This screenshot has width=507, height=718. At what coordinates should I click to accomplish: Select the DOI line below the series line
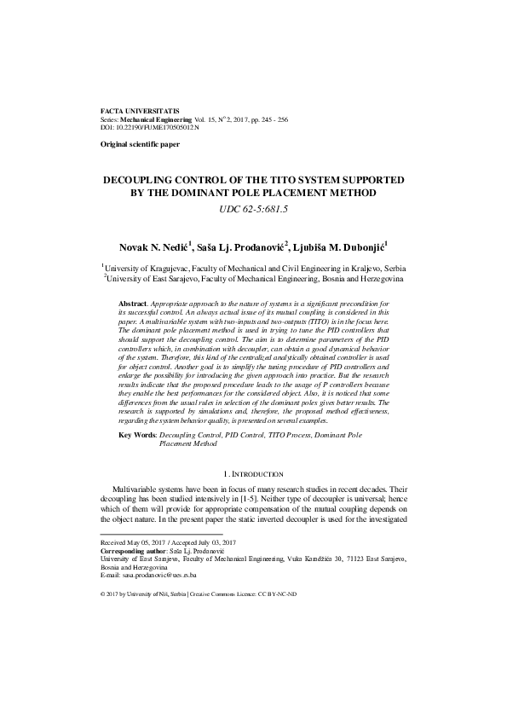click(149, 127)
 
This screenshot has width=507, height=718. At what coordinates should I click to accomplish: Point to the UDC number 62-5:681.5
click(253, 209)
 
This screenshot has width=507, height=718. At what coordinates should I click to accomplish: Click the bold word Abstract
click(132, 304)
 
